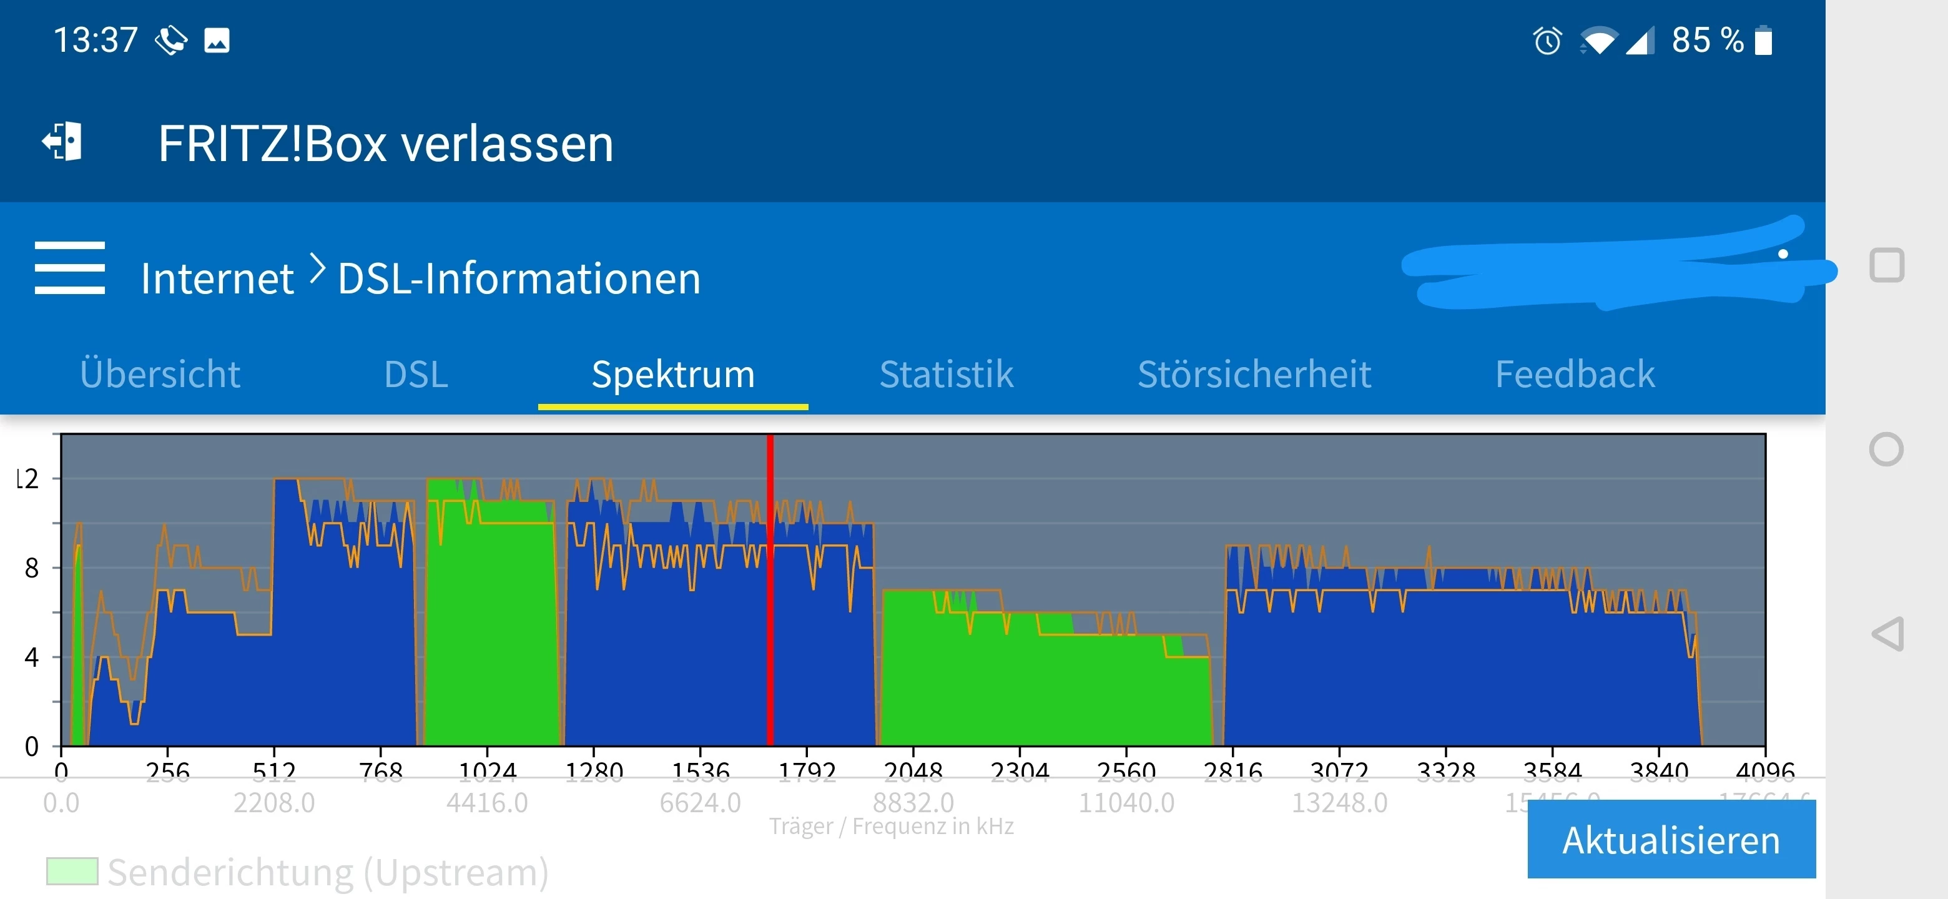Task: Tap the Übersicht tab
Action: tap(160, 374)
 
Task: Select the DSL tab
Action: tap(416, 374)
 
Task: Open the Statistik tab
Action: tap(946, 374)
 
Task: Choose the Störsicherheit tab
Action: tap(1254, 374)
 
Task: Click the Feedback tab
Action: tap(1575, 374)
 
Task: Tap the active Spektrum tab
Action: tap(673, 374)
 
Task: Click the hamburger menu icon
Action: tap(69, 268)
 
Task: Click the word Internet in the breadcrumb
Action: tap(217, 278)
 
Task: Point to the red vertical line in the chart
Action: tap(770, 590)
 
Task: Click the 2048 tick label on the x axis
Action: tap(913, 770)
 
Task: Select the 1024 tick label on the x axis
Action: tap(487, 770)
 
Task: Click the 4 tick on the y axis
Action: tap(32, 657)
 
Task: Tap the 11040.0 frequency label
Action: tap(1126, 802)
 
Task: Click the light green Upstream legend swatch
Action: tap(72, 871)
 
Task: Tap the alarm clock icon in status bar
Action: tap(1547, 40)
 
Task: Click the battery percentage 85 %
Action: tap(1707, 40)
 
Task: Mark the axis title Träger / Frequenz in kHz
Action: tap(891, 827)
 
